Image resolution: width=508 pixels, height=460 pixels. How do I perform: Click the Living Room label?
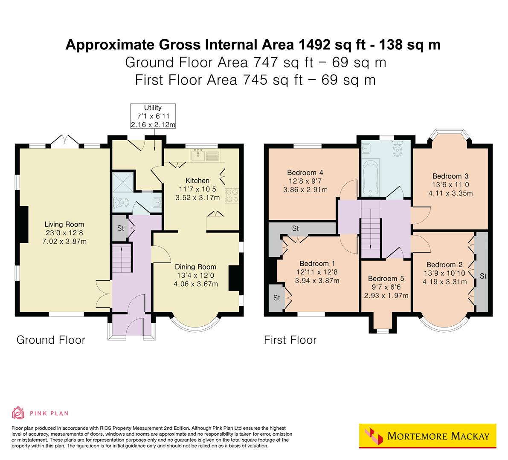64,224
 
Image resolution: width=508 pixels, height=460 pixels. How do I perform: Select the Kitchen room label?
197,181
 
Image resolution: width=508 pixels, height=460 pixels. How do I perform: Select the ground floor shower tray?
122,182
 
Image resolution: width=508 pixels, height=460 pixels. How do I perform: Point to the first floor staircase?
370,230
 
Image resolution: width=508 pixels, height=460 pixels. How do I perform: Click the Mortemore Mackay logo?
428,436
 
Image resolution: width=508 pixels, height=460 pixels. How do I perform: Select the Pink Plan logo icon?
18,413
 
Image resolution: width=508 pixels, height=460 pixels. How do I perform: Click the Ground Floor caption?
51,340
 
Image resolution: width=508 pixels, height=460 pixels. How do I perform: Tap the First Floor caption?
290,340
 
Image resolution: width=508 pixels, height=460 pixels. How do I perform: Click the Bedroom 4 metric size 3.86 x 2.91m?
305,190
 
